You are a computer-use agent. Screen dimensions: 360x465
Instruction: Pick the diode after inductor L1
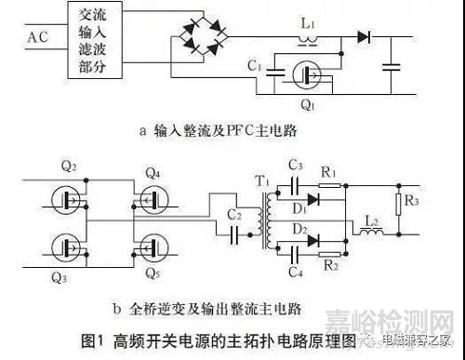tap(365, 38)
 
